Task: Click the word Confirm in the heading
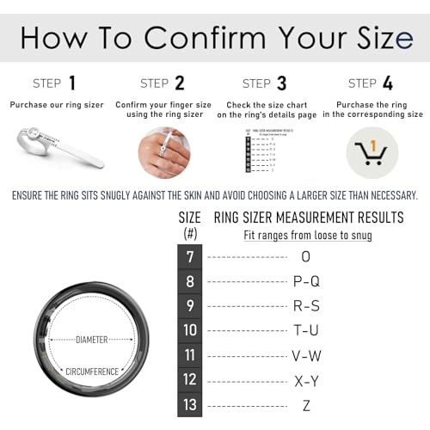pyautogui.click(x=205, y=37)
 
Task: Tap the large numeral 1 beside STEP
pyautogui.click(x=72, y=83)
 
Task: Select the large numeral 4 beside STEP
pyautogui.click(x=388, y=83)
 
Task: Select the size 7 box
pyautogui.click(x=190, y=256)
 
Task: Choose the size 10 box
pyautogui.click(x=190, y=330)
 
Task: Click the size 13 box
pyautogui.click(x=190, y=404)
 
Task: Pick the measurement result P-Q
pyautogui.click(x=306, y=281)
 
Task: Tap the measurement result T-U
pyautogui.click(x=306, y=330)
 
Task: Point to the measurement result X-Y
pyautogui.click(x=306, y=379)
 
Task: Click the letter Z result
pyautogui.click(x=306, y=404)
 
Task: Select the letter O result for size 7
pyautogui.click(x=306, y=256)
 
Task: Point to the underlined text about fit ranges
pyautogui.click(x=307, y=235)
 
